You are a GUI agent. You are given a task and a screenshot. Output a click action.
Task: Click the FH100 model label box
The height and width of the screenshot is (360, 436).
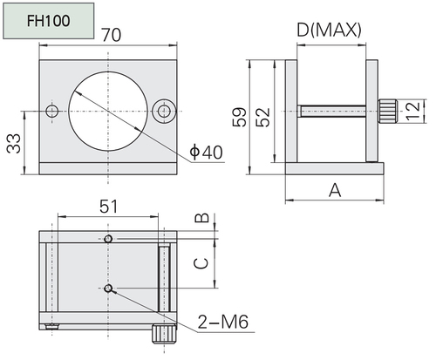(49, 21)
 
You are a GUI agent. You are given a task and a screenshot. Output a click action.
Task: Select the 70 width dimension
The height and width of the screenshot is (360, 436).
(112, 35)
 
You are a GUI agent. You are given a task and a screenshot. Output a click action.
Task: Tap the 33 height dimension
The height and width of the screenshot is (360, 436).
(14, 143)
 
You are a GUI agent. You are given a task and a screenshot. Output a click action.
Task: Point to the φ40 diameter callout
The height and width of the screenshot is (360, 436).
(206, 152)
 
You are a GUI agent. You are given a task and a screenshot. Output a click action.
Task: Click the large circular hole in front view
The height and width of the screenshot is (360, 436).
(108, 112)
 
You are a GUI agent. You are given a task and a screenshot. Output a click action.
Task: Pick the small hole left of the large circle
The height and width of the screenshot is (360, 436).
(52, 111)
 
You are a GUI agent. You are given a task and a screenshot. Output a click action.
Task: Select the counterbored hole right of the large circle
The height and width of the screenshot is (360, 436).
(164, 111)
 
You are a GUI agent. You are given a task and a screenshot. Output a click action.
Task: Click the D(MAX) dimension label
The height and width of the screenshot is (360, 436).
(329, 30)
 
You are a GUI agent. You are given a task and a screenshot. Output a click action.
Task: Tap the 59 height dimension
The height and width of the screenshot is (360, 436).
(239, 117)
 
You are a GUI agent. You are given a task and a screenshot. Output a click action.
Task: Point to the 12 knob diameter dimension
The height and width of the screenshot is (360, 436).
(413, 111)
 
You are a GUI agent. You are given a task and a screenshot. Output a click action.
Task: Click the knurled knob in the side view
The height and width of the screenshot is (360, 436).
(388, 111)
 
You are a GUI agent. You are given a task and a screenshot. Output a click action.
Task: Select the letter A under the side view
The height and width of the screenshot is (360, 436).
(335, 190)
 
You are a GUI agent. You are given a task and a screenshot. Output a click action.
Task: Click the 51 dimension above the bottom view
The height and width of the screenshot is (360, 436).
(109, 207)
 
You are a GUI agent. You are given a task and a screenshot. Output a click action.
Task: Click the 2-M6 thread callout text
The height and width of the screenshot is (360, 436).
(223, 322)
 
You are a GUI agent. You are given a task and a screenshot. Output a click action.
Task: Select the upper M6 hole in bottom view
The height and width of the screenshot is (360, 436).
(108, 239)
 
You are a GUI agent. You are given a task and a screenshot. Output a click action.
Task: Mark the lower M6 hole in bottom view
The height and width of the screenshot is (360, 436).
(108, 289)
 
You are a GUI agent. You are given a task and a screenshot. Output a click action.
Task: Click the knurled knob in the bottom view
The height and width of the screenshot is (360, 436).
(164, 334)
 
